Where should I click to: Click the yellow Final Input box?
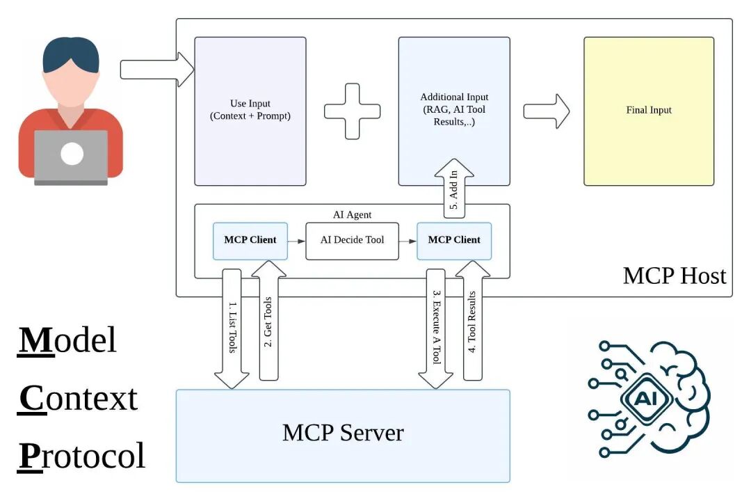(x=648, y=111)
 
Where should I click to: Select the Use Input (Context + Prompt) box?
(x=250, y=111)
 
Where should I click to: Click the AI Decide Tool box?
(x=353, y=241)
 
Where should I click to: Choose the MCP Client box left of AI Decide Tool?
(x=250, y=241)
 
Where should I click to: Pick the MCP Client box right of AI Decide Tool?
(x=453, y=241)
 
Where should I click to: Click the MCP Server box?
(x=342, y=436)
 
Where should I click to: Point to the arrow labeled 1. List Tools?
(x=232, y=327)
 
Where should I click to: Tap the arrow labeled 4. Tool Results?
(x=473, y=327)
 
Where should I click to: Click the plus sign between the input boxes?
(x=353, y=111)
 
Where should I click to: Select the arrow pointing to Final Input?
(x=546, y=111)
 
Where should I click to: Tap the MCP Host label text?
(x=674, y=276)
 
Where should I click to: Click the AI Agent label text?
(x=353, y=215)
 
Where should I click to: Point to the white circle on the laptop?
(x=72, y=154)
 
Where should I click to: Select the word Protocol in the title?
(x=81, y=456)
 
